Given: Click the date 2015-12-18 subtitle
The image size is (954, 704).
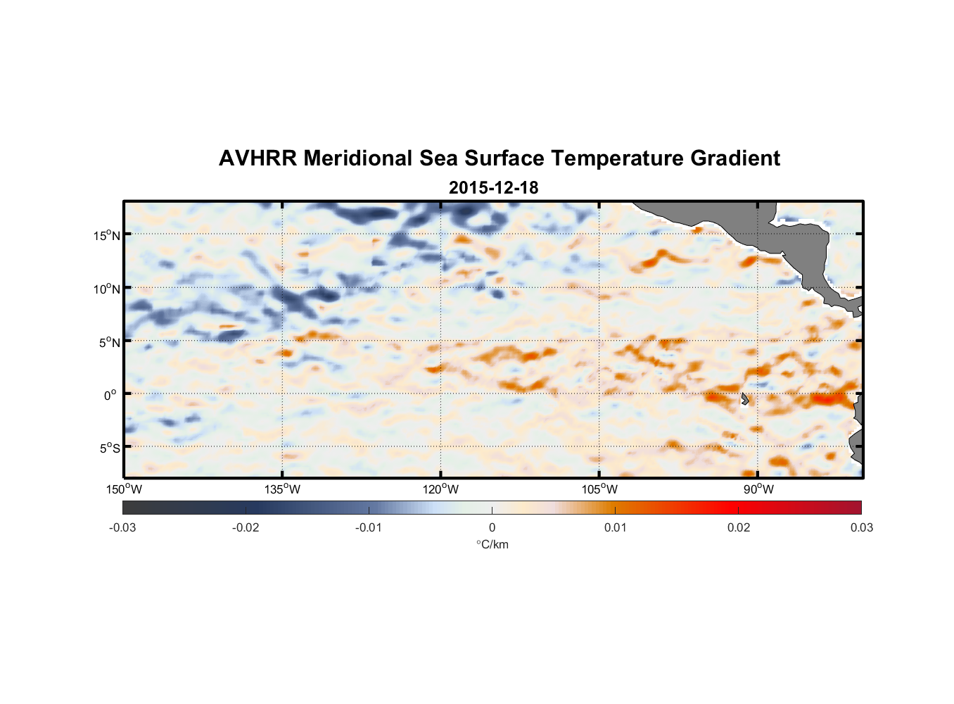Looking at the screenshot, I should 493,188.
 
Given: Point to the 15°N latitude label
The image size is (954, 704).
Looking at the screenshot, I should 107,235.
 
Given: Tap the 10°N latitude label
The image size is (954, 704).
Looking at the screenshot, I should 107,289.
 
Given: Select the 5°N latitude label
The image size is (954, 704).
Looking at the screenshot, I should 110,342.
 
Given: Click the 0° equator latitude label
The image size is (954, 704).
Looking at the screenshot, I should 111,395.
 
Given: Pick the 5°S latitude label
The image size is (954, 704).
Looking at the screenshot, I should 110,448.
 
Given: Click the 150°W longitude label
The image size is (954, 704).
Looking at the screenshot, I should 124,489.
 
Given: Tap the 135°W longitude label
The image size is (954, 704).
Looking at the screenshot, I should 283,489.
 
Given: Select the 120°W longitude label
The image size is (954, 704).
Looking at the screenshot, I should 441,489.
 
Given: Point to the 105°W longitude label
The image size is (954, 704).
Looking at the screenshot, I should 599,489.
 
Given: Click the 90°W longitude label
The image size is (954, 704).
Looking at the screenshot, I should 758,489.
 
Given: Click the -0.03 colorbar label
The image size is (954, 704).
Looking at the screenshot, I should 122,527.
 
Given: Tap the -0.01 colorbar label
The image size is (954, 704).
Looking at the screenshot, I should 369,527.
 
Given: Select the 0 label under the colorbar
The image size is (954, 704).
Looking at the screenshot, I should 492,527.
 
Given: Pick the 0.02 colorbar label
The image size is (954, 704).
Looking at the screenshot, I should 739,527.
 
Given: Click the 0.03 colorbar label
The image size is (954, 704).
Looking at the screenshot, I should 861,527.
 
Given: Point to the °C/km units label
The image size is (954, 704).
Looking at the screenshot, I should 492,544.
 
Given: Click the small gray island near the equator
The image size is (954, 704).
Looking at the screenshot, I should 744,399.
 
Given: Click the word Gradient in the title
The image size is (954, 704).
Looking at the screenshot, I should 735,158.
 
